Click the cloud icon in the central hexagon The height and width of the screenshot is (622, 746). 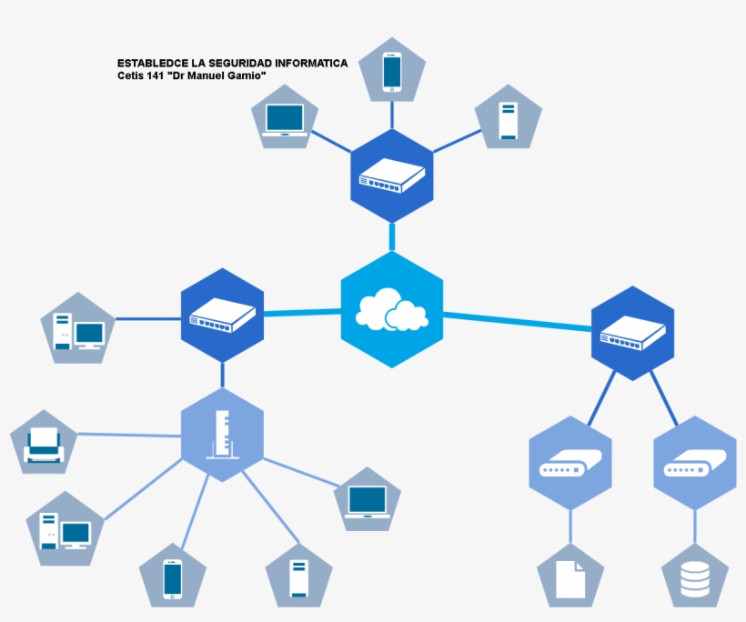(391, 310)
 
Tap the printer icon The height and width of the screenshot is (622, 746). (44, 443)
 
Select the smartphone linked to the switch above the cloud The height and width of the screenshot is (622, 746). (392, 71)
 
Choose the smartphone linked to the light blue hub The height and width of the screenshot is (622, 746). (173, 578)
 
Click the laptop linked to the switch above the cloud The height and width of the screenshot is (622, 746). (285, 119)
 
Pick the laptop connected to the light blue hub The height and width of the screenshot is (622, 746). (368, 501)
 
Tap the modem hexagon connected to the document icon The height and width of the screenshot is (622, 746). (570, 463)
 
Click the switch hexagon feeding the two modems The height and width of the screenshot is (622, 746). (632, 333)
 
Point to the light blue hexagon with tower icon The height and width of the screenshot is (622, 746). (222, 435)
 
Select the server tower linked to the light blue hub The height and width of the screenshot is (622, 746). (298, 577)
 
